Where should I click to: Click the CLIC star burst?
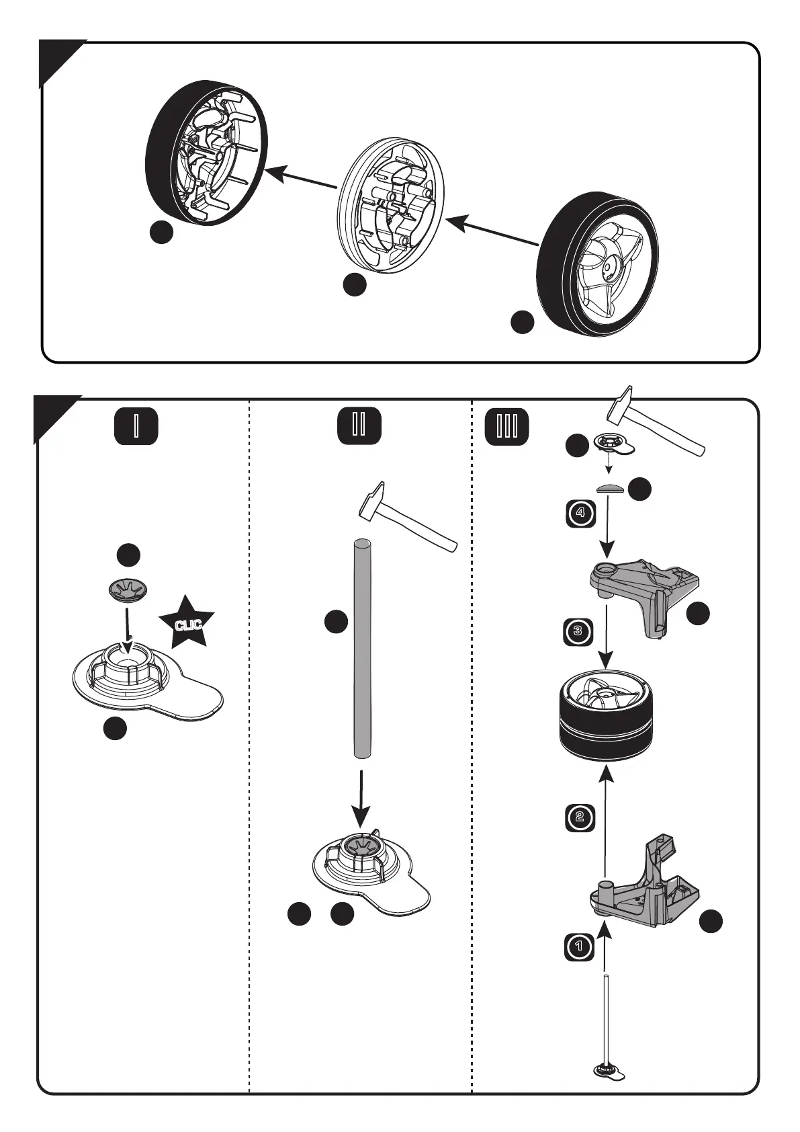click(x=187, y=622)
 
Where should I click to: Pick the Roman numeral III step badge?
click(x=506, y=427)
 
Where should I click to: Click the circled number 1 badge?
click(x=578, y=947)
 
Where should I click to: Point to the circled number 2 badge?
click(x=580, y=817)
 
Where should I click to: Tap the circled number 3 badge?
click(x=578, y=631)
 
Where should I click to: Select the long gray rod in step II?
click(x=363, y=648)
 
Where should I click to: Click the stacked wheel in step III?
click(x=606, y=718)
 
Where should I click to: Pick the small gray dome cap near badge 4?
click(x=611, y=489)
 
